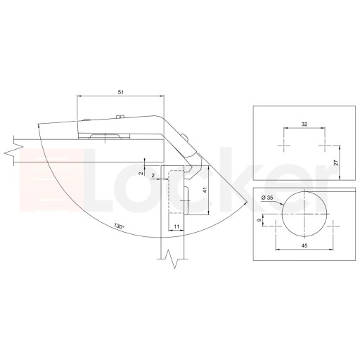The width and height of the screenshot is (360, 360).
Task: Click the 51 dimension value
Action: click(x=120, y=92)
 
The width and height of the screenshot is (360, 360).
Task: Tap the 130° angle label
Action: click(x=119, y=226)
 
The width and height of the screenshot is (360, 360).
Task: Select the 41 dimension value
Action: click(x=205, y=191)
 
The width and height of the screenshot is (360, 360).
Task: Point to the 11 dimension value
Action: click(x=176, y=226)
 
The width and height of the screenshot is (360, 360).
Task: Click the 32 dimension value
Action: click(x=304, y=124)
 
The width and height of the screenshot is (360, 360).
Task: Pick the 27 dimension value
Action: click(x=336, y=162)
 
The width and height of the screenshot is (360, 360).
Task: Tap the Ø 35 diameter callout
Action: click(x=267, y=198)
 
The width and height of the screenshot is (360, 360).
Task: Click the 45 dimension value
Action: click(x=304, y=245)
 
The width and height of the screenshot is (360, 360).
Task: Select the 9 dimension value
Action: click(x=259, y=220)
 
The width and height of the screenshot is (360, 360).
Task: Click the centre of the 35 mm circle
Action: click(x=304, y=214)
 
